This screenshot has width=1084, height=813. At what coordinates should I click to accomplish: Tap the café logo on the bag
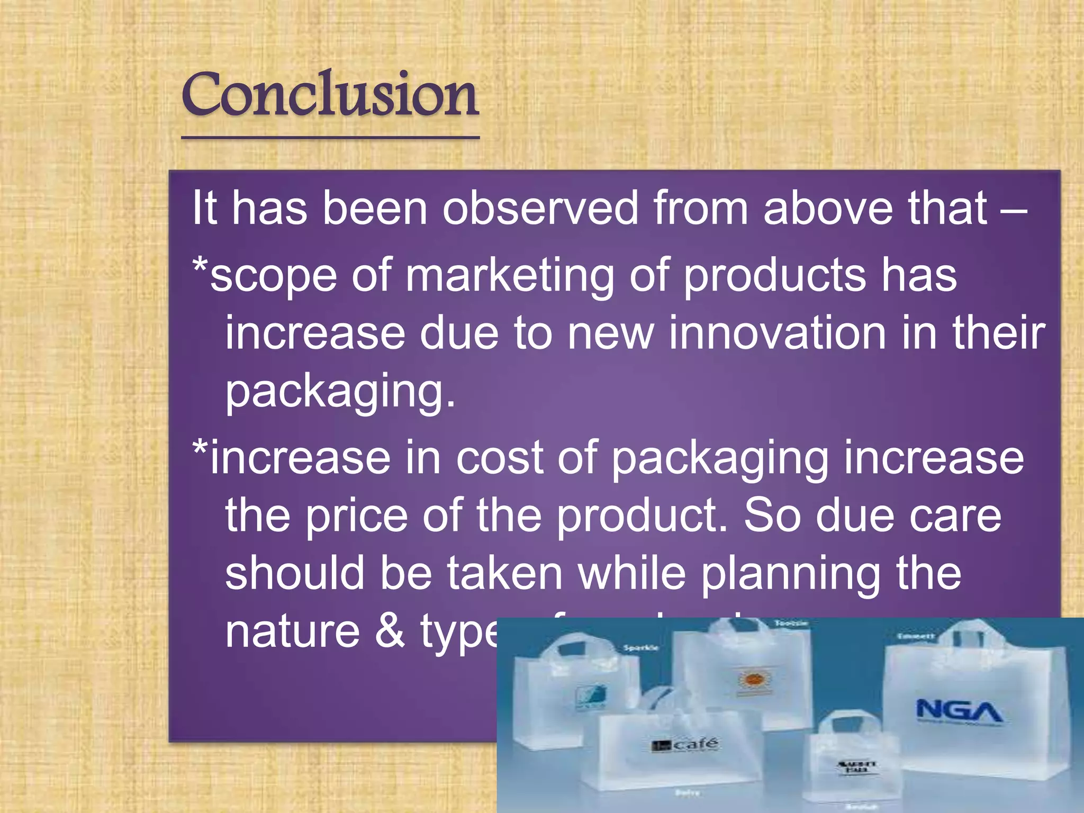click(x=685, y=745)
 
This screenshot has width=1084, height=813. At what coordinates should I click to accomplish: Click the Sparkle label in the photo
click(x=640, y=648)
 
